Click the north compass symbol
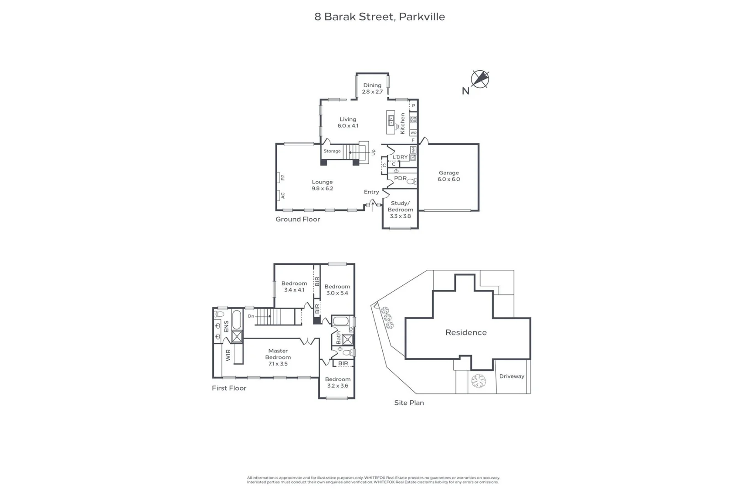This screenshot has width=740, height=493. [x=480, y=79]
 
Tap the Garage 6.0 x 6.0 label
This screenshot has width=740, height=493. [x=449, y=176]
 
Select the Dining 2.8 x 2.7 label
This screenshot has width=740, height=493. [x=372, y=89]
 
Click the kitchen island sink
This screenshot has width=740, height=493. [x=391, y=120]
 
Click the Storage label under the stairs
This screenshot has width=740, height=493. [x=332, y=151]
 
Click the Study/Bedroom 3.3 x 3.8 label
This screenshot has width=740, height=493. [x=400, y=210]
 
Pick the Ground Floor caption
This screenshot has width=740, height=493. [x=297, y=219]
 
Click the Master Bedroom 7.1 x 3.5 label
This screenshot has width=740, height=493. [x=278, y=357]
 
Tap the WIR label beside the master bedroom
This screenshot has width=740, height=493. [x=228, y=355]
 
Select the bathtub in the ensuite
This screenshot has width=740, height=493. [x=237, y=319]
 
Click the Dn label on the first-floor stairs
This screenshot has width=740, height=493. [x=251, y=316]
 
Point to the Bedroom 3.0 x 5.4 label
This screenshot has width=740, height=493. [x=337, y=290]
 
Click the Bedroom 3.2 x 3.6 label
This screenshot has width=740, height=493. [x=338, y=383]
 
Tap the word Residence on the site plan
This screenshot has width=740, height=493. [x=465, y=332]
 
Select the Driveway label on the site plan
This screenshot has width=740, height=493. [x=512, y=376]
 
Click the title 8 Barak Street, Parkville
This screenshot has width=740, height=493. [x=379, y=17]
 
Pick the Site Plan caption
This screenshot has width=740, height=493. [x=409, y=403]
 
